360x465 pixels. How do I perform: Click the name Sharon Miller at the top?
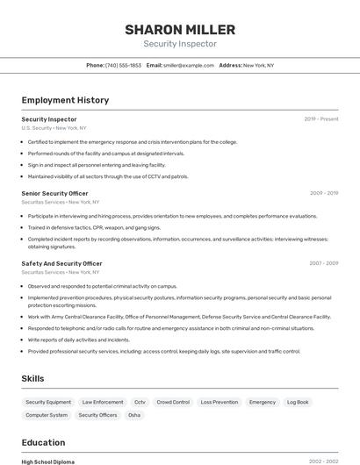[x=179, y=28]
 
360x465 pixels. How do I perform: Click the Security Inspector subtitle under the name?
[x=179, y=44]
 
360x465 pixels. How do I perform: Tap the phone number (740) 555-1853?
[x=123, y=65]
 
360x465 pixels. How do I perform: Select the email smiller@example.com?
[x=188, y=65]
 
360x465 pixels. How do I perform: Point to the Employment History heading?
[x=65, y=100]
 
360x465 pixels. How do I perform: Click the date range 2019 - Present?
[x=321, y=119]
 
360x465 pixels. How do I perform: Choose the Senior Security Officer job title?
[x=54, y=193]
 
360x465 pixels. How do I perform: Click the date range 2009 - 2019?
[x=324, y=193]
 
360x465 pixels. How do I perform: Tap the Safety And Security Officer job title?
[x=61, y=263]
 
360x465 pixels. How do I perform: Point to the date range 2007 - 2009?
[x=324, y=263]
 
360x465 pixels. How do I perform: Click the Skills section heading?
[x=33, y=378]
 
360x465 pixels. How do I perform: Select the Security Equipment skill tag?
[x=48, y=402]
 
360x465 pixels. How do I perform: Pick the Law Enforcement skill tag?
[x=103, y=402]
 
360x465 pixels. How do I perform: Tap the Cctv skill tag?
[x=140, y=402]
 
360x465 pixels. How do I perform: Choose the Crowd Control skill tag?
[x=173, y=402]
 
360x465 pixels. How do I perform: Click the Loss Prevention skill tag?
[x=219, y=402]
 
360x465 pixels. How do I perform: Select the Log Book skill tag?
[x=298, y=402]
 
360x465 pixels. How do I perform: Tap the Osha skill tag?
[x=134, y=415]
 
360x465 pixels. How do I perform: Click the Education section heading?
[x=43, y=442]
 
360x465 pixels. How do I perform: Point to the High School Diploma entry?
[x=48, y=461]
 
